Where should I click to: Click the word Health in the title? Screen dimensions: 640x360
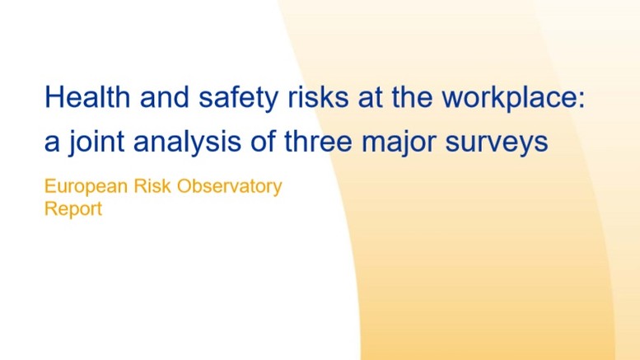tap(87, 96)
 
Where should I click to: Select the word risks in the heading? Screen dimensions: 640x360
tap(319, 96)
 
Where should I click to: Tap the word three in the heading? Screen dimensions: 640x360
tap(318, 141)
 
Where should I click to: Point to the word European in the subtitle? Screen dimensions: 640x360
tap(86, 187)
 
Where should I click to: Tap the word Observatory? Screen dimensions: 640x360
tap(229, 187)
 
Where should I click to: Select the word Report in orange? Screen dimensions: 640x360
tap(73, 209)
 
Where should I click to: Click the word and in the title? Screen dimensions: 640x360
tap(165, 96)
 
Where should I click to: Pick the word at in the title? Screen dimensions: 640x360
tap(370, 98)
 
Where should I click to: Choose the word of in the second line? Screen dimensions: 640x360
tap(263, 141)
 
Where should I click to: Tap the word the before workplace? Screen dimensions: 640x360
tap(412, 96)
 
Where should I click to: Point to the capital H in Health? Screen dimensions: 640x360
tap(54, 96)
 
